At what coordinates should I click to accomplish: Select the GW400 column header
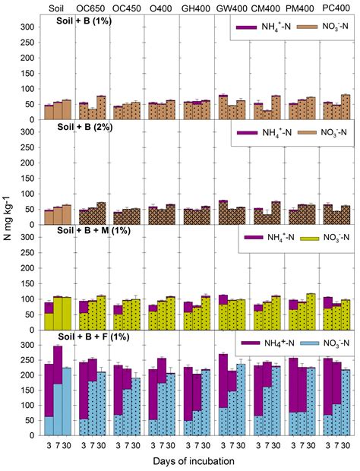pyautogui.click(x=228, y=8)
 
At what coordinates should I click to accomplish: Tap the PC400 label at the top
pyautogui.click(x=332, y=8)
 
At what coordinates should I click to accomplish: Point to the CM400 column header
pyautogui.click(x=262, y=8)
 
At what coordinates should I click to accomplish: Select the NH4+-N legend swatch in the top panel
pyautogui.click(x=245, y=27)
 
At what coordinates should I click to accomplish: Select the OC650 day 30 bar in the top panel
pyautogui.click(x=102, y=108)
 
